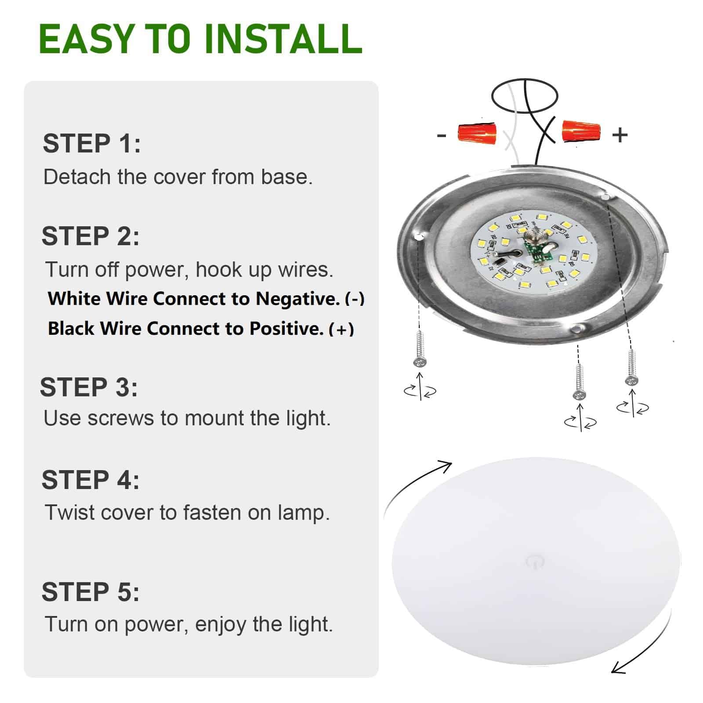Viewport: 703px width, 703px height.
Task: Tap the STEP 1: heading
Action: click(x=91, y=144)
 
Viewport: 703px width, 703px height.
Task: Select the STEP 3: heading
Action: click(x=89, y=387)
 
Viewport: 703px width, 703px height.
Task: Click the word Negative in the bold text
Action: click(x=297, y=299)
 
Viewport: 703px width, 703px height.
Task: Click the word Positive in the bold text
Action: click(x=286, y=329)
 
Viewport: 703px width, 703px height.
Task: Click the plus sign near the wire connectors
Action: click(x=620, y=135)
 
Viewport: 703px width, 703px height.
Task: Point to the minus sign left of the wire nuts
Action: click(x=442, y=135)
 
